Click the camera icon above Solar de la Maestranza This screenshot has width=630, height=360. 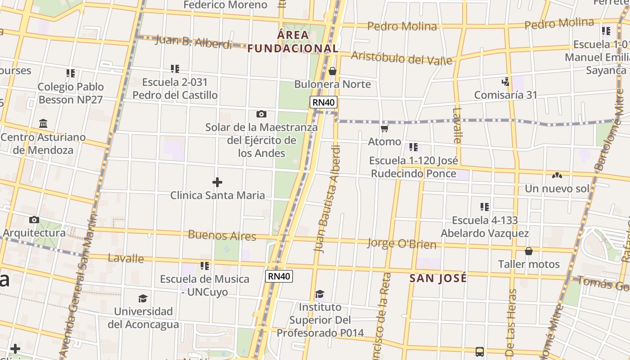coord(261,114)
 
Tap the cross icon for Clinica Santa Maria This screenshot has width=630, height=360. coord(217,182)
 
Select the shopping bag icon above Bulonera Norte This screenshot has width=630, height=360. coord(333,71)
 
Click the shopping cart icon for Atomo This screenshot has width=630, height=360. coord(384,129)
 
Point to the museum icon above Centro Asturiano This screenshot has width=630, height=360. coord(43,123)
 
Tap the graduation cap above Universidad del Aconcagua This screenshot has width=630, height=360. coord(143,298)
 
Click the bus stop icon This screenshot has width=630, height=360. coord(480,351)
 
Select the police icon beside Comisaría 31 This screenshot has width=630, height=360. coord(506,82)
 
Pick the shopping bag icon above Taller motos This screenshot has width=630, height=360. coord(529,251)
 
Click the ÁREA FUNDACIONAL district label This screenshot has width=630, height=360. coord(293,41)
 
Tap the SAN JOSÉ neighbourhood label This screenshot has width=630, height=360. coord(438,279)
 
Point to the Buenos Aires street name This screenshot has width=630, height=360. coord(222,235)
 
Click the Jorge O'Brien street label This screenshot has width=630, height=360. coord(402,244)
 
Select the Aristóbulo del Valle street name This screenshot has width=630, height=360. coord(401,58)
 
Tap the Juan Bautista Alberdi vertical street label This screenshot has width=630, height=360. coord(327,198)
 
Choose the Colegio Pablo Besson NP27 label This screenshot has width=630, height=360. coord(71,93)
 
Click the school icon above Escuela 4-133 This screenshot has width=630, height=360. coord(484,207)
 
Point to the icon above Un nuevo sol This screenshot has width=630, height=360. coord(557,175)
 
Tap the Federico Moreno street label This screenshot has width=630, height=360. coord(225,5)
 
